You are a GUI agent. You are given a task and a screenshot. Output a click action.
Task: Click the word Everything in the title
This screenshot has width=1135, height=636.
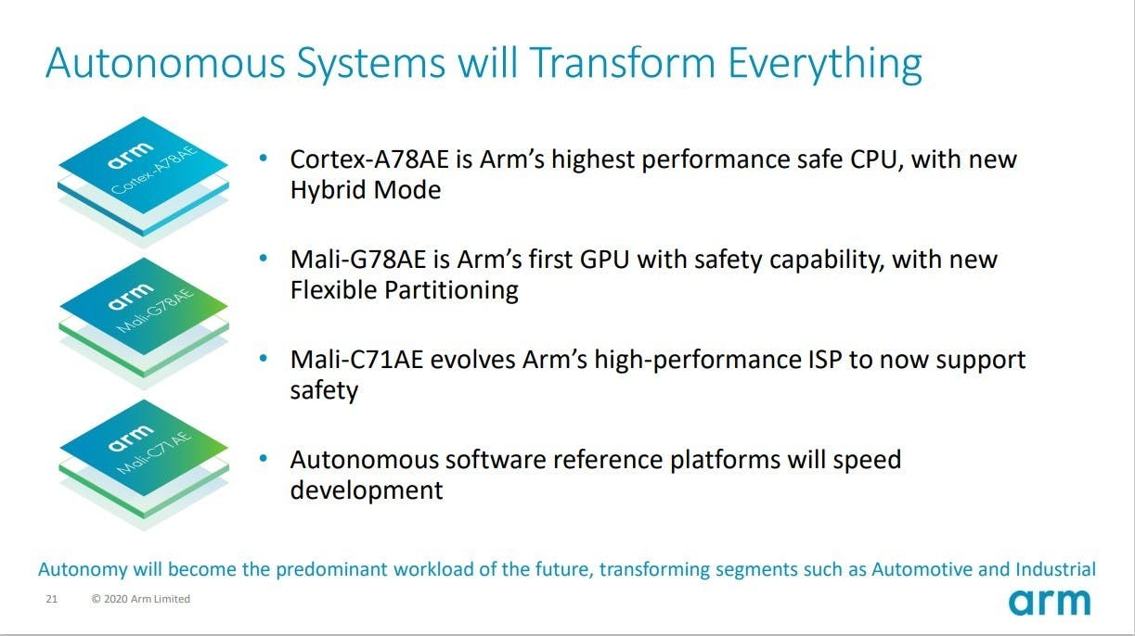[x=825, y=65]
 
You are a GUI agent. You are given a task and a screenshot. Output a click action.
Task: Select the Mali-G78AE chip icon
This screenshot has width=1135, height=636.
[x=144, y=323]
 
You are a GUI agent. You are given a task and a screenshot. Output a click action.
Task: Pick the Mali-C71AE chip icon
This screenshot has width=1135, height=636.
[x=144, y=464]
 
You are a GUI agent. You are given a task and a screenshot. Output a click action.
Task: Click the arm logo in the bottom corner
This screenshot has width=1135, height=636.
[x=1049, y=602]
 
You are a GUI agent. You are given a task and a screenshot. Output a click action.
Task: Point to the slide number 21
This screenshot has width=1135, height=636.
[x=52, y=599]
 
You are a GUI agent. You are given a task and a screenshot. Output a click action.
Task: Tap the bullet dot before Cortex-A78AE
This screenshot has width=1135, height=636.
[x=263, y=158]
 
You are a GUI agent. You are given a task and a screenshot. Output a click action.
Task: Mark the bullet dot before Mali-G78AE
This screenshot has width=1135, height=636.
[x=263, y=259]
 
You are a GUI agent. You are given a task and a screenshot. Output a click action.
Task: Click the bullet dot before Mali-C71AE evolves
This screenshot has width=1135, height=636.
[x=263, y=359]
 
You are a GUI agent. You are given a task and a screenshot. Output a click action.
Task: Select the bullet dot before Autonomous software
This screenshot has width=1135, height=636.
[x=263, y=459]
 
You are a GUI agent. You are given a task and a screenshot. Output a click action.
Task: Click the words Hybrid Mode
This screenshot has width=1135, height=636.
[x=366, y=191]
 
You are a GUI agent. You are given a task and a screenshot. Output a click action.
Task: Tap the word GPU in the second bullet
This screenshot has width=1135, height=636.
[x=604, y=260]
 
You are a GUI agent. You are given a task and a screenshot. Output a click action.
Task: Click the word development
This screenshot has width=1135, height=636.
[x=367, y=490]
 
